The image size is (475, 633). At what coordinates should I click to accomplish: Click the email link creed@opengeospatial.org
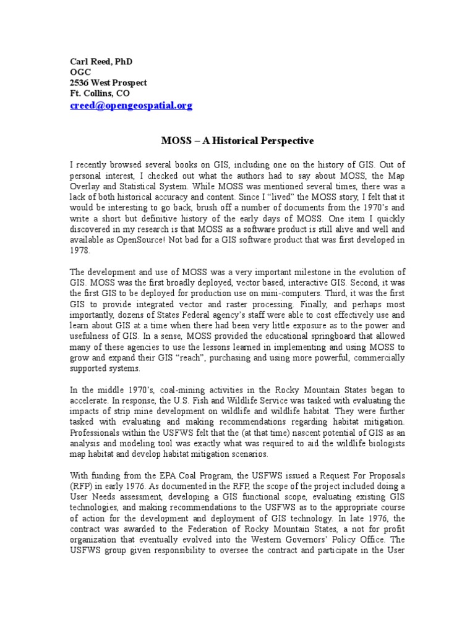pos(131,106)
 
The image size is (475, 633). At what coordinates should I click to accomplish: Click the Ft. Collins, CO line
pos(99,94)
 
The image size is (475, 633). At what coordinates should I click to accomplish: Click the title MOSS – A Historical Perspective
pos(237,141)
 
